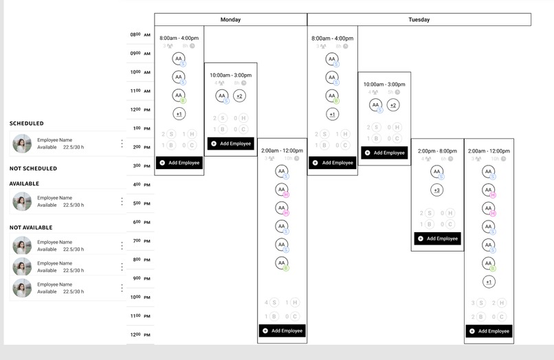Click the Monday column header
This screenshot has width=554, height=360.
[x=230, y=20]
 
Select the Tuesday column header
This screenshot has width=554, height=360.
[x=419, y=20]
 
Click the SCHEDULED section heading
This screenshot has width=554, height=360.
[x=26, y=124]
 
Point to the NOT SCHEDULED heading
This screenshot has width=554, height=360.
[x=33, y=168]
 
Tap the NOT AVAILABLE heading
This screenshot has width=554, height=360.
[x=31, y=227]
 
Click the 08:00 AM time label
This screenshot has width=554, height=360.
[x=140, y=34]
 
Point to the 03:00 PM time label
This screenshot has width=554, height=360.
[x=140, y=166]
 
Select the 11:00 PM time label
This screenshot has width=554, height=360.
[x=140, y=315]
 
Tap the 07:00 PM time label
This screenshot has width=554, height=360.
[x=140, y=240]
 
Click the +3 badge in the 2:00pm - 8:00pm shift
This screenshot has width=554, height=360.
[x=436, y=190]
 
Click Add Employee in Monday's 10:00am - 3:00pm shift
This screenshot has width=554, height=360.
[x=231, y=144]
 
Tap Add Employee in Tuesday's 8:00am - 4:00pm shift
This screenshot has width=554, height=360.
[x=333, y=163]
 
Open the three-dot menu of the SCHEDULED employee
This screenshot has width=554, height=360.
[x=122, y=144]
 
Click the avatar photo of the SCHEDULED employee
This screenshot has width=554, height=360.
[x=22, y=144]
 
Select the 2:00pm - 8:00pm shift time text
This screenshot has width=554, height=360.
[x=436, y=151]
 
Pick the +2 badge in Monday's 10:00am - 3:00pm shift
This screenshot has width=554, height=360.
[x=239, y=96]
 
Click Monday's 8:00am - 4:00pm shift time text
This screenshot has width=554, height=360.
[x=179, y=38]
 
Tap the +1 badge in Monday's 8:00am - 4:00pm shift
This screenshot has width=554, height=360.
[x=179, y=114]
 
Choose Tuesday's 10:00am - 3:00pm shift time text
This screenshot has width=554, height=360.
[x=384, y=85]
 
